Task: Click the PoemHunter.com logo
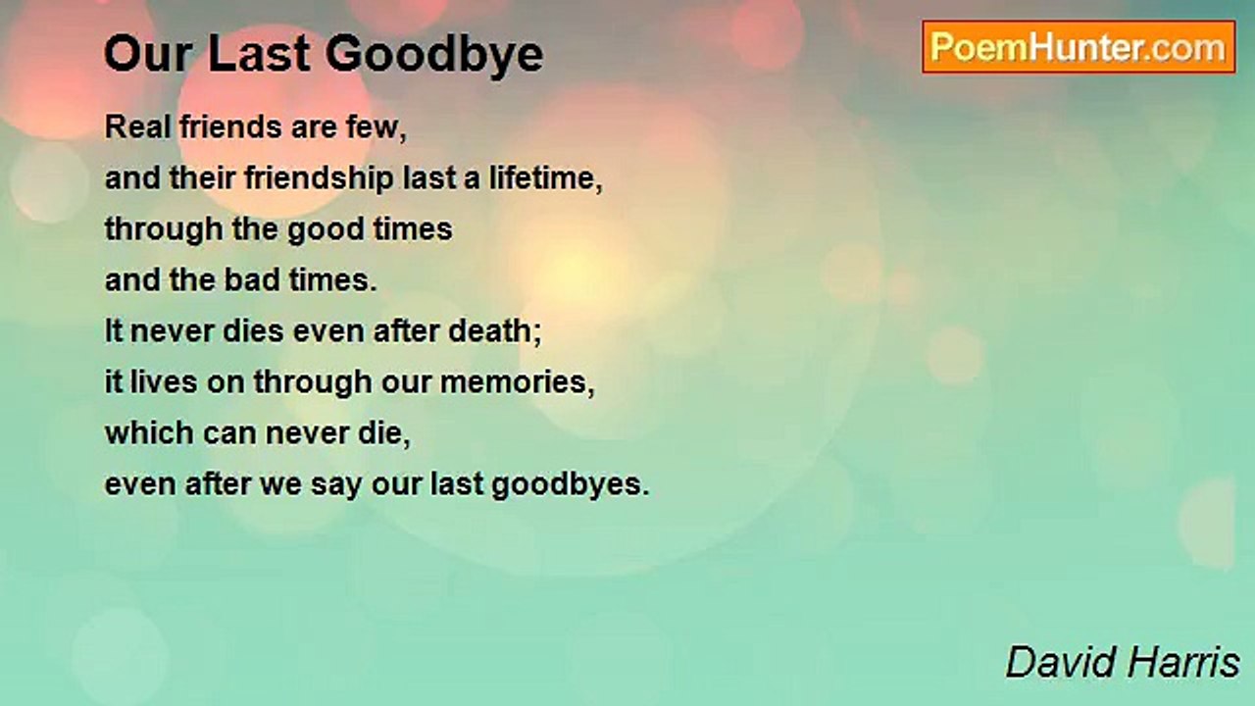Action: click(1079, 47)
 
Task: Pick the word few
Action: click(382, 127)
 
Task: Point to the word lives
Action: click(155, 381)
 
